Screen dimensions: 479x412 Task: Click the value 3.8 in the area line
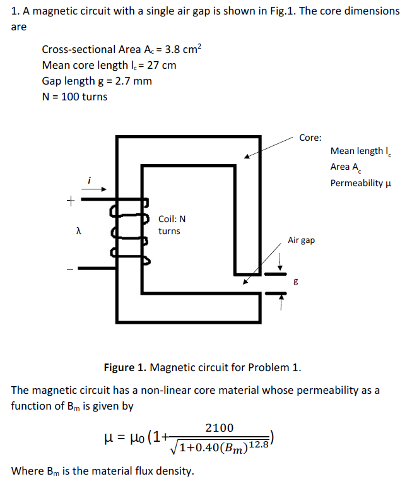coord(170,49)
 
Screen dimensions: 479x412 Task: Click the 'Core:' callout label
coord(310,137)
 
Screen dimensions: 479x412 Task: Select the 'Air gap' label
coord(301,240)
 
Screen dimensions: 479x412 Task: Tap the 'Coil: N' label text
coord(172,219)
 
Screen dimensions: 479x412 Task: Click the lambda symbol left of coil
coord(77,233)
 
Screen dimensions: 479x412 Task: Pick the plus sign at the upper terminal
coord(71,202)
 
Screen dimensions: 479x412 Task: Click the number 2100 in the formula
coord(220,428)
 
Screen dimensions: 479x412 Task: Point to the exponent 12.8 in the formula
coord(259,445)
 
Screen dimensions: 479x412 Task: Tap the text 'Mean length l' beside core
coord(357,151)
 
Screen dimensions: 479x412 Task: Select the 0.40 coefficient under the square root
coord(205,449)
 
